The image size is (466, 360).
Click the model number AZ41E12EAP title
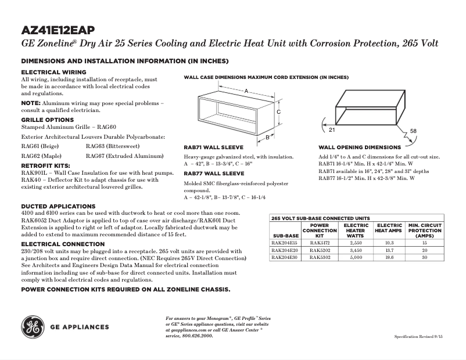click(x=58, y=30)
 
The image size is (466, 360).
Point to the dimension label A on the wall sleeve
click(x=246, y=91)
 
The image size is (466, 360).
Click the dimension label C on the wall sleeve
click(x=278, y=111)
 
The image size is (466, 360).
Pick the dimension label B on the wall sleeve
click(x=267, y=138)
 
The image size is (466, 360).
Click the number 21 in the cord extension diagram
click(x=324, y=122)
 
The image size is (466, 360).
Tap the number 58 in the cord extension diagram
click(x=413, y=131)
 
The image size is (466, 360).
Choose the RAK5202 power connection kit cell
click(x=320, y=250)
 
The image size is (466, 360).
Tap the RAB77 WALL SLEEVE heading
click(x=214, y=174)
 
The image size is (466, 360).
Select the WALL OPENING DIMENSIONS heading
click(x=359, y=147)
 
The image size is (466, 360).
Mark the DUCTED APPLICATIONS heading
click(x=58, y=206)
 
